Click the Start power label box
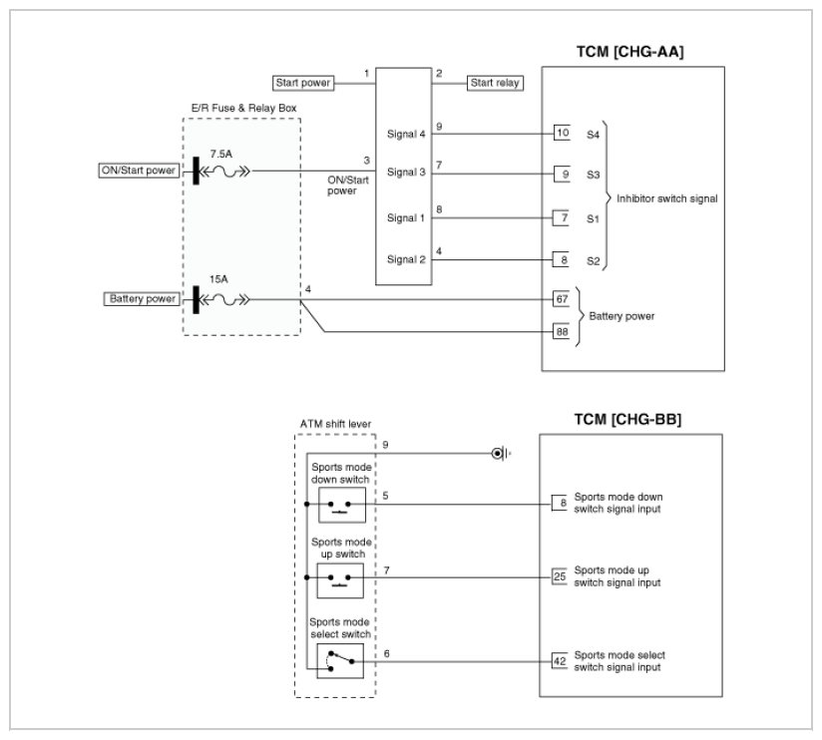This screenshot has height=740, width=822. point(303,83)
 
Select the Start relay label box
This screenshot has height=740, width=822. point(495,83)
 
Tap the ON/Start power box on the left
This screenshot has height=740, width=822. point(139,171)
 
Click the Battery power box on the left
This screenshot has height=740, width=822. point(142,299)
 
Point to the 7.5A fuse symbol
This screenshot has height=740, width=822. point(225,171)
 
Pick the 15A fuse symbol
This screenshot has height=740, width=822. point(225,300)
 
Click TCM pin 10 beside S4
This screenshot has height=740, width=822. point(562,133)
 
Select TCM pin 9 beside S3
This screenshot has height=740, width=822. point(562,174)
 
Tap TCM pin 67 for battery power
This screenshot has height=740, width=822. point(562,299)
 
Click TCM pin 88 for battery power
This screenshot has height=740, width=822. point(562,332)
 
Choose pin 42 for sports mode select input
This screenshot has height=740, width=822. point(560,661)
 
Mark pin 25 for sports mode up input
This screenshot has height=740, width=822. point(560,576)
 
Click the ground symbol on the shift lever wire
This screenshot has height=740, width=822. point(501,454)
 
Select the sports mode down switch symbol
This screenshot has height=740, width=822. point(342,505)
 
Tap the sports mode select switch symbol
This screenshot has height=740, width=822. point(340,661)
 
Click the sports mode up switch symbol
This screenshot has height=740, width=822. point(340,580)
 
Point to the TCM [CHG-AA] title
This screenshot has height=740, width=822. point(630,52)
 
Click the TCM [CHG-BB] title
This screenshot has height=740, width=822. point(627,420)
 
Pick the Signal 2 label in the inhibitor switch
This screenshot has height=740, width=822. point(406,259)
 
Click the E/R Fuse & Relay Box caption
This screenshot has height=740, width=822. point(243,108)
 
